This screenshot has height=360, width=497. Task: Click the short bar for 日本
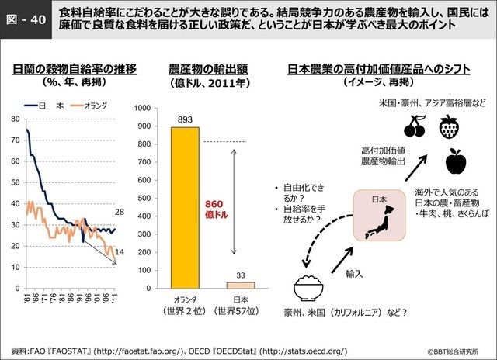[x=239, y=285]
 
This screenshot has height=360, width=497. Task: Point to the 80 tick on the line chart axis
[x=15, y=119]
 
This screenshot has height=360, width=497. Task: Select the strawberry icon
[x=448, y=126]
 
